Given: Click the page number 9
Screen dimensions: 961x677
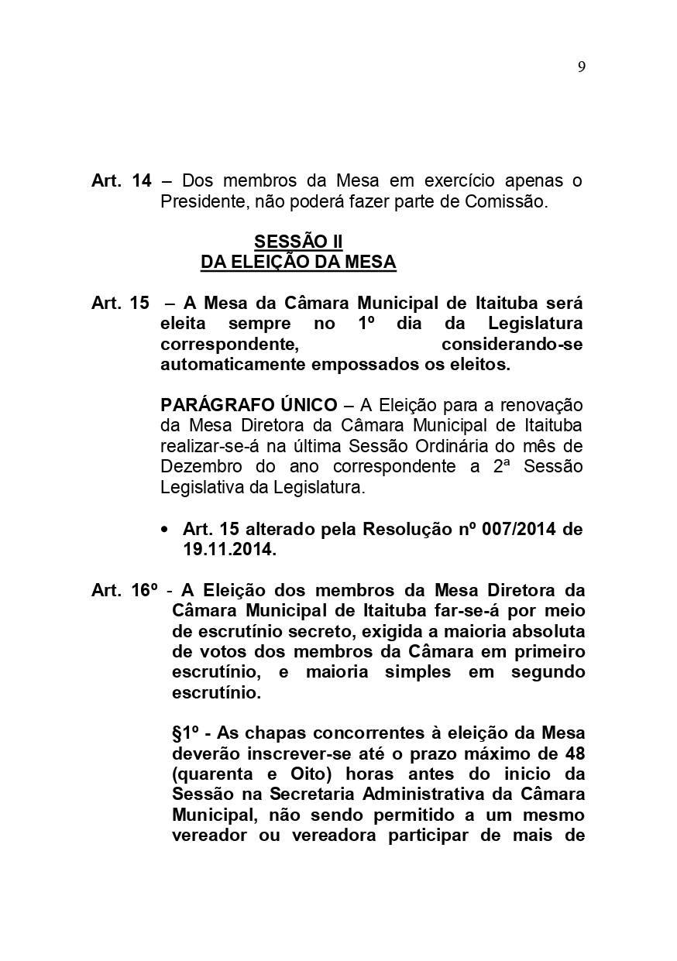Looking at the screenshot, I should (581, 67).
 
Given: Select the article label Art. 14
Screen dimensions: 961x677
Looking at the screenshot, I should (121, 181).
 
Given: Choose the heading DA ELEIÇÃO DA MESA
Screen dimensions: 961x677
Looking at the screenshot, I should (298, 263).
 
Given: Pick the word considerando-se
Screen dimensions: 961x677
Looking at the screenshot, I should (511, 344).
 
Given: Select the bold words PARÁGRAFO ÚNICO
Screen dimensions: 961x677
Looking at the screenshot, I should (249, 405).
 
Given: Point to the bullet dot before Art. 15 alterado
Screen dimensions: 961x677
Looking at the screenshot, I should (164, 530).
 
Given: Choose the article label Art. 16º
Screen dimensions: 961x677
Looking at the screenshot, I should (125, 591).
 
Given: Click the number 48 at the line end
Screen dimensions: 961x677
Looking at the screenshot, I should (573, 753).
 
